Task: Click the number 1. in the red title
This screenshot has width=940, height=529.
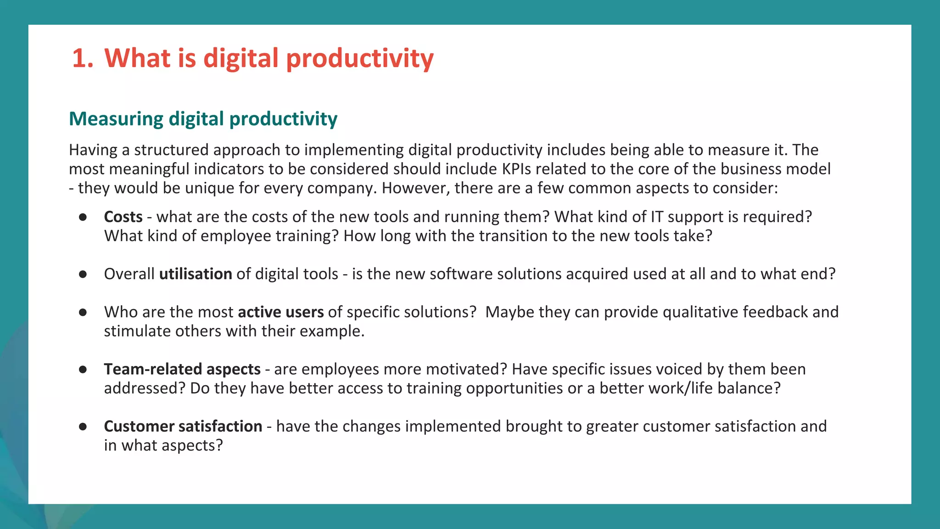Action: [83, 59]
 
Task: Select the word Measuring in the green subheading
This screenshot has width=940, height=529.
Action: [116, 119]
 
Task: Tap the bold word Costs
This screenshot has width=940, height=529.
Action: [123, 217]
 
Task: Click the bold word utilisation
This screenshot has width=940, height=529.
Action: [196, 274]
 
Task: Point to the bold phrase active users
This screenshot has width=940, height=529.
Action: [280, 312]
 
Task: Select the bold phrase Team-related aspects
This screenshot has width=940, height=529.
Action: [182, 369]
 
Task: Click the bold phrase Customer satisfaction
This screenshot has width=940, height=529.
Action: [183, 427]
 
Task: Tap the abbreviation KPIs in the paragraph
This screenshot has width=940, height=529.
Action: [516, 169]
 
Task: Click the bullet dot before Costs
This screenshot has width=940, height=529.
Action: [83, 217]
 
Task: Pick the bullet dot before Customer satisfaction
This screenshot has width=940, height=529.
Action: [83, 427]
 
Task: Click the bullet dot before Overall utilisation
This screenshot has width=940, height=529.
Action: [83, 275]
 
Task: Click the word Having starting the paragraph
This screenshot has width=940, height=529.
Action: [93, 150]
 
